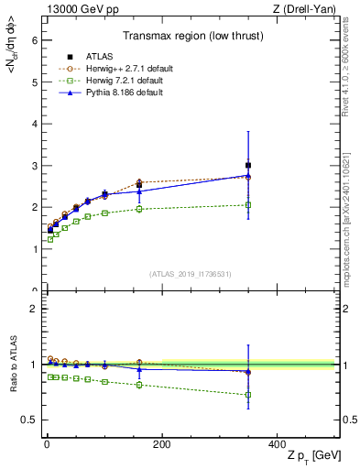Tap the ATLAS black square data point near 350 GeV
[x=247, y=165]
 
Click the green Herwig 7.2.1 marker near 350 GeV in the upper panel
[x=247, y=205]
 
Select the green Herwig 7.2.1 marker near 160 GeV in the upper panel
[x=139, y=209]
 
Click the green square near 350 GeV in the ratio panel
[x=247, y=395]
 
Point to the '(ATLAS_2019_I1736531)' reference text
[x=190, y=273]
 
